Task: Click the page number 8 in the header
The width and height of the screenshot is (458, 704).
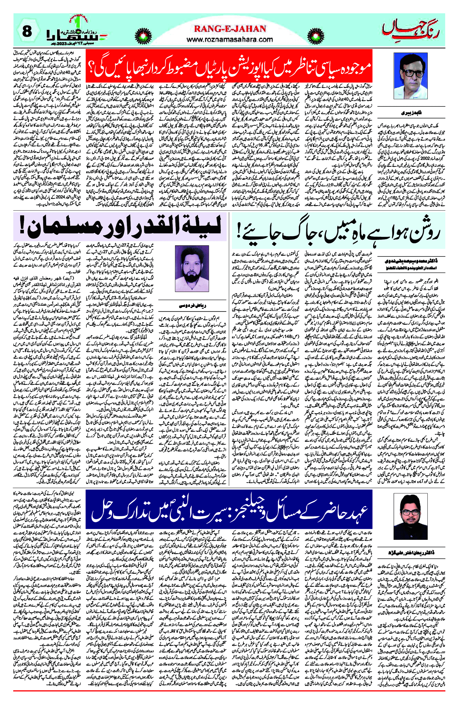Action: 27,31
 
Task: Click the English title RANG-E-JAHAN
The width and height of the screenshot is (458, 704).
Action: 230,29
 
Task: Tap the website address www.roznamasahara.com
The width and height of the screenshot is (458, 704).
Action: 230,39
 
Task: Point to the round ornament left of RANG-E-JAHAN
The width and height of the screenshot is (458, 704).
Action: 143,36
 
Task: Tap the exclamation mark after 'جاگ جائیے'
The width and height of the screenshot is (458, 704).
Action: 238,232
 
